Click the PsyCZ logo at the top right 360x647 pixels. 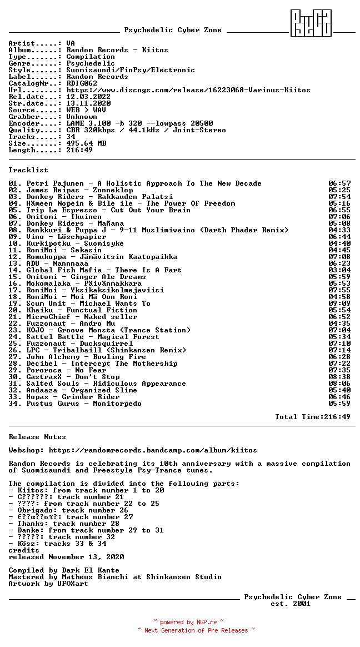311,23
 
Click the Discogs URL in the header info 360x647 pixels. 188,90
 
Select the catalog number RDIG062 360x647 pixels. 82,83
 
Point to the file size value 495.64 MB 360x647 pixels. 86,143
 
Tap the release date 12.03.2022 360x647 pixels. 88,97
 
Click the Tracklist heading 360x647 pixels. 28,170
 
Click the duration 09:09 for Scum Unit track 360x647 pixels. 339,303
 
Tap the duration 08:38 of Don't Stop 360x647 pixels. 339,377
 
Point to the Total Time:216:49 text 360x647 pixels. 313,417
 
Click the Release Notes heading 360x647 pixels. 37,437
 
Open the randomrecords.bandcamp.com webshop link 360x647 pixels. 153,450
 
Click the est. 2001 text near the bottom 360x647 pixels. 291,604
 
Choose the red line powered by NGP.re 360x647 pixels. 188,623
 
